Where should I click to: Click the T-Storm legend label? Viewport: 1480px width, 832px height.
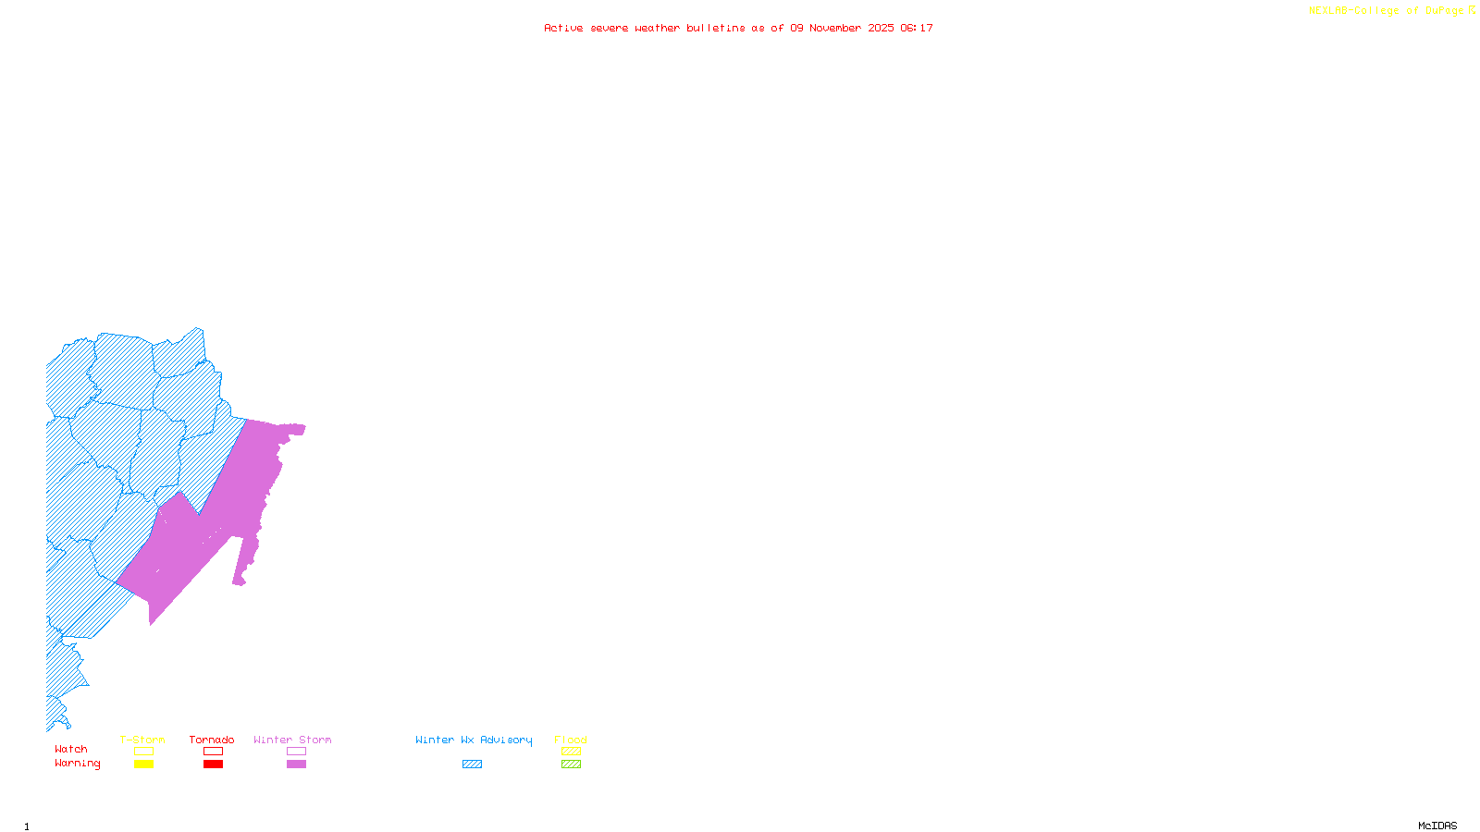142,740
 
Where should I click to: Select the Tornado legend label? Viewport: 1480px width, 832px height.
212,740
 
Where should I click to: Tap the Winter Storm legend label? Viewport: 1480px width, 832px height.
292,740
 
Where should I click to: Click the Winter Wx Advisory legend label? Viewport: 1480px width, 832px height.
474,740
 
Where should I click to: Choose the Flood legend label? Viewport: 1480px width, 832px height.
571,740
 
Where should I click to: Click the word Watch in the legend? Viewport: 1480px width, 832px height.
71,749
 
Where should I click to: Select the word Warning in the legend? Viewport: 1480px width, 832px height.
78,764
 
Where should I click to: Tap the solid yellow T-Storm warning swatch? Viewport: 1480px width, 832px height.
143,765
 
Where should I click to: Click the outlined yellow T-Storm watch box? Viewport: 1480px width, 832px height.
143,752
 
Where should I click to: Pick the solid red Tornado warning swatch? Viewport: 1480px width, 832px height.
213,765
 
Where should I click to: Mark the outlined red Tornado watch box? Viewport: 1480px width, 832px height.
213,752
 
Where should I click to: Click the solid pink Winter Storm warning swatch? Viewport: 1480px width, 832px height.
296,765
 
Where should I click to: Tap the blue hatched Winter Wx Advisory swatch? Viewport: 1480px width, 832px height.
472,765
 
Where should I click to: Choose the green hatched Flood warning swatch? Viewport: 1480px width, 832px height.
571,765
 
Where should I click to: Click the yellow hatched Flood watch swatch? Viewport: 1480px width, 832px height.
571,752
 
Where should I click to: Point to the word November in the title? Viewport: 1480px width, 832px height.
835,28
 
